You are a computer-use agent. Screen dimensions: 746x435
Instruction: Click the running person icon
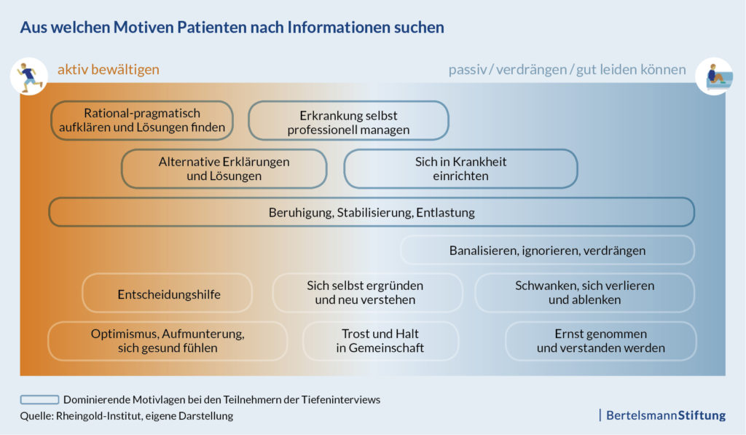tap(29, 77)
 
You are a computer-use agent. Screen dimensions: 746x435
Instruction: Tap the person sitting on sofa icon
tap(714, 77)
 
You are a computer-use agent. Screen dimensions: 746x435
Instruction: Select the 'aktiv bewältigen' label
tap(109, 69)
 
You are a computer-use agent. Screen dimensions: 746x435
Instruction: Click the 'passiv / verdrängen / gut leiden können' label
tap(567, 69)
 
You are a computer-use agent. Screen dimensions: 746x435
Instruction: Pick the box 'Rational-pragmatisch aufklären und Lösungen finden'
tap(142, 120)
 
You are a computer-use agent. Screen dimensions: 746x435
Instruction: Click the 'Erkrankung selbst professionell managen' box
tap(348, 120)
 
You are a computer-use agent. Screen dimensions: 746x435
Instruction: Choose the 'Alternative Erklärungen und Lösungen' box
tap(224, 169)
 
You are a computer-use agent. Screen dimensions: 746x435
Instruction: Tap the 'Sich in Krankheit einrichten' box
tap(460, 169)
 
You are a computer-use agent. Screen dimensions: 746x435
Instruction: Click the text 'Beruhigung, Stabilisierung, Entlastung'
tap(372, 212)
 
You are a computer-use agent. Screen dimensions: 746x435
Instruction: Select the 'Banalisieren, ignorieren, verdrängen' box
tap(548, 251)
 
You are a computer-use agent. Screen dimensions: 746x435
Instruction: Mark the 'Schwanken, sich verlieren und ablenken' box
tap(585, 293)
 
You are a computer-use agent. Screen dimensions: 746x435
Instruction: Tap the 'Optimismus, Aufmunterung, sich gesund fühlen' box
tap(168, 341)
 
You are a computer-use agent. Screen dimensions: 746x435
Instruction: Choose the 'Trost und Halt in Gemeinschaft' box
tap(380, 341)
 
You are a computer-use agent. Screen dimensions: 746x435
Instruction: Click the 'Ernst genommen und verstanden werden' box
tap(601, 341)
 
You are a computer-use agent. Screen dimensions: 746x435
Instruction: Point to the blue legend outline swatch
tap(39, 399)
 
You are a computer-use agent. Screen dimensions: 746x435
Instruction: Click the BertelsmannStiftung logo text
tap(666, 415)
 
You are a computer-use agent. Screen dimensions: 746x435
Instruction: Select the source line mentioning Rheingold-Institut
tap(127, 416)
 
